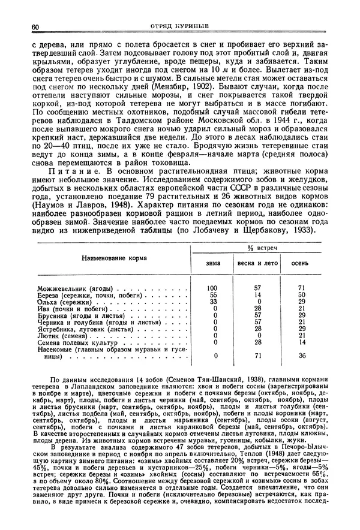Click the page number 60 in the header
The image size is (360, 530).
35,27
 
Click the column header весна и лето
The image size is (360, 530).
257,263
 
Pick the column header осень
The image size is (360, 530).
301,263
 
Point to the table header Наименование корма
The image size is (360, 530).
113,257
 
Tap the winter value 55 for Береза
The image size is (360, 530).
213,296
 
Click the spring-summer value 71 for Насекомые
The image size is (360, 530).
258,356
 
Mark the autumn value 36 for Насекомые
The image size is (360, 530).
302,356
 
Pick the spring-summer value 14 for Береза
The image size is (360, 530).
258,296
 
